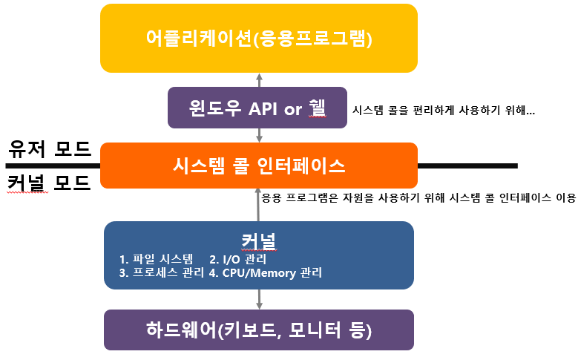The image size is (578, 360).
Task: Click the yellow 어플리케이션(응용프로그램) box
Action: point(259,38)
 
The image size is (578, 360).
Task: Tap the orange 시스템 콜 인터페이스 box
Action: point(259,166)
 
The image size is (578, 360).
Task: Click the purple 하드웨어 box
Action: point(259,330)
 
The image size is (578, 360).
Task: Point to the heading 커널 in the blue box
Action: point(259,241)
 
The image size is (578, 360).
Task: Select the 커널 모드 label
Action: point(50,183)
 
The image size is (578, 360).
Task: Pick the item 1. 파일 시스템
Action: point(157,259)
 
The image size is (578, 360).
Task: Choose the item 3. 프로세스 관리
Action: point(162,272)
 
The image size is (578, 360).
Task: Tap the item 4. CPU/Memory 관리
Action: point(266,272)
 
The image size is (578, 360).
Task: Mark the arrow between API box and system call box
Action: point(259,134)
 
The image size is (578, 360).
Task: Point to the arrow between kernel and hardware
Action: point(259,299)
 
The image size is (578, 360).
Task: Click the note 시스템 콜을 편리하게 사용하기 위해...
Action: point(442,110)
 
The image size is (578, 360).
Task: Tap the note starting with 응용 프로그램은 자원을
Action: point(418,197)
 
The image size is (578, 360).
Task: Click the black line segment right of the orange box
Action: point(467,165)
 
